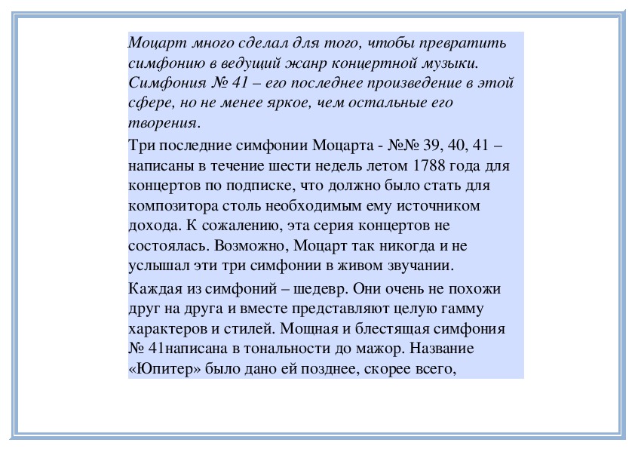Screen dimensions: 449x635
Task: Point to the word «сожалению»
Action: pos(238,225)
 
